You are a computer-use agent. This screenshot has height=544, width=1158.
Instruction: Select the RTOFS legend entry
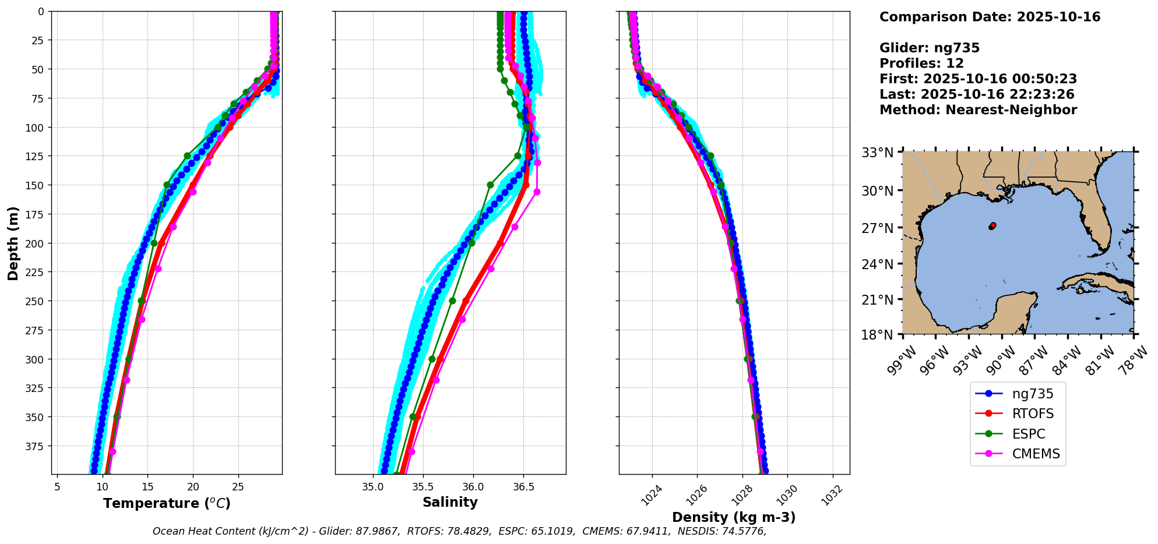1032,414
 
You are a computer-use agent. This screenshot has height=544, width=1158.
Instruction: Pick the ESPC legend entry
1028,435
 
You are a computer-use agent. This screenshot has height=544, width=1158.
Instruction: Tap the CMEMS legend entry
1035,454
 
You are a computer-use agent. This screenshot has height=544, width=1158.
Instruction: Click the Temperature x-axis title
167,503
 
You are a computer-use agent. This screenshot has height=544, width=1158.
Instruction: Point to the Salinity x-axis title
450,503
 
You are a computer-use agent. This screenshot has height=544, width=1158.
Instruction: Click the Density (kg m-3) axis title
734,517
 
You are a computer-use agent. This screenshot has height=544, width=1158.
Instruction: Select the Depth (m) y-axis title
13,243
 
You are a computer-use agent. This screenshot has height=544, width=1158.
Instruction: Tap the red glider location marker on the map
992,225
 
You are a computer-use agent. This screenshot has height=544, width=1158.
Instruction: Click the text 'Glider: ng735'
929,48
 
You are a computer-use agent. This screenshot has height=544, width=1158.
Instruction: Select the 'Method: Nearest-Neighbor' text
978,110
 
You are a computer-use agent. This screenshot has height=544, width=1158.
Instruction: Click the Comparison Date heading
990,17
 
